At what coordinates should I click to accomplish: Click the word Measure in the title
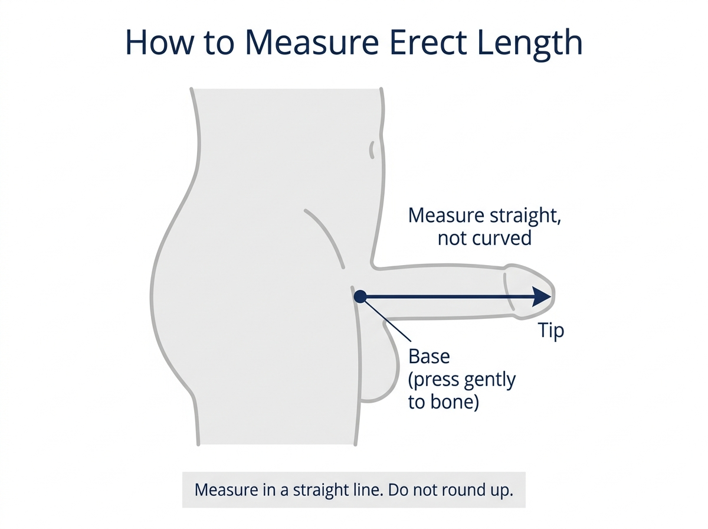pos(312,43)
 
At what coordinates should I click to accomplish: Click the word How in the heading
pos(159,43)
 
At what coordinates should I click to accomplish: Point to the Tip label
pos(551,331)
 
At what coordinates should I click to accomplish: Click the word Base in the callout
pos(429,357)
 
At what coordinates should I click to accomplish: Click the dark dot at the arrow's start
pos(360,296)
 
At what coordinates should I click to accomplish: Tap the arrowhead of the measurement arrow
pos(541,296)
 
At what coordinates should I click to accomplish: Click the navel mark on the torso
pos(372,150)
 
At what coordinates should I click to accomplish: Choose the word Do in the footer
pos(398,489)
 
